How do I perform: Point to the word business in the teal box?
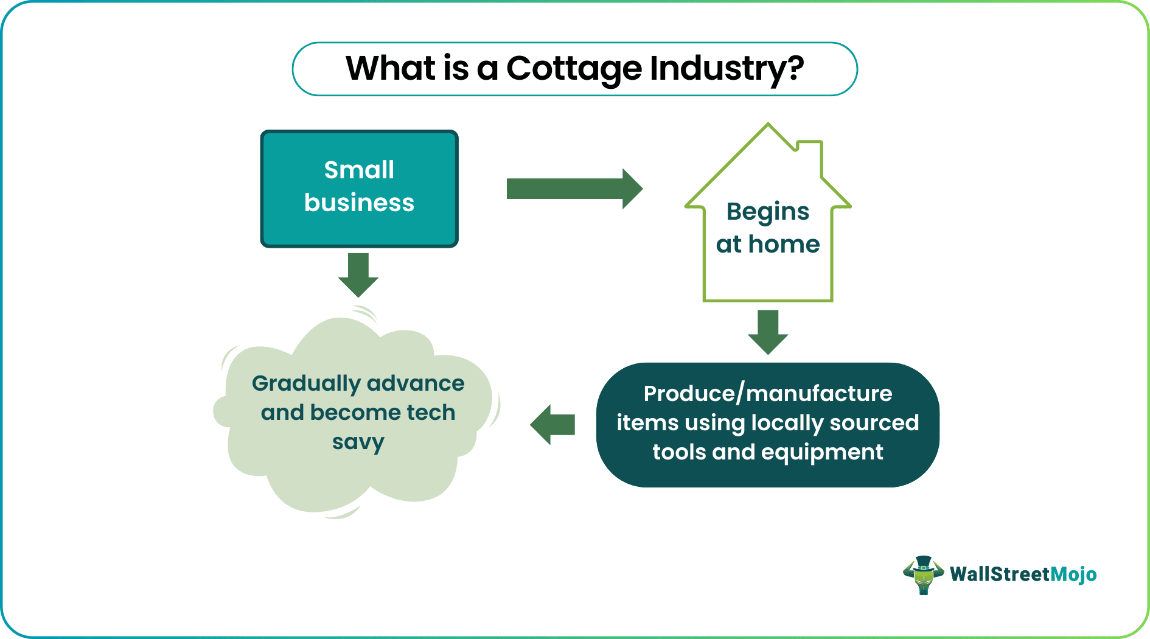coord(359,203)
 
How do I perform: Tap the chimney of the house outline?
coord(810,152)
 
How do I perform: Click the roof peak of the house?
coord(768,128)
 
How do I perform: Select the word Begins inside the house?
coord(768,212)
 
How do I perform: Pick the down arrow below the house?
coord(768,332)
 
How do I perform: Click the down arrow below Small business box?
coord(358,274)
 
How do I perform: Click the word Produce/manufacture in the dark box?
coord(768,394)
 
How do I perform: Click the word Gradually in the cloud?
coord(306,384)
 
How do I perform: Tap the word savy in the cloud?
coord(358,442)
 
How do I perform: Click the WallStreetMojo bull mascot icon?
coord(923,574)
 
